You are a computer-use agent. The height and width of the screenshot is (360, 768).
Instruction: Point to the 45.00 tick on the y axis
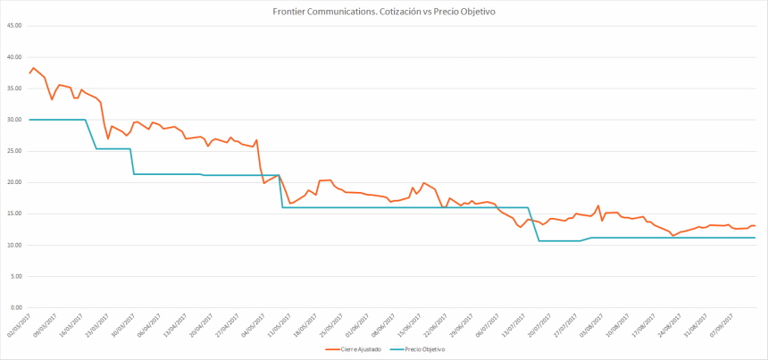point(14,25)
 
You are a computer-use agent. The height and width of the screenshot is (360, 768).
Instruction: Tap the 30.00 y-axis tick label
point(14,120)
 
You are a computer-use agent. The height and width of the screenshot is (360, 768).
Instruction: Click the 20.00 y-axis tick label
point(14,182)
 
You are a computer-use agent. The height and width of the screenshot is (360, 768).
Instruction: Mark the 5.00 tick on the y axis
point(15,276)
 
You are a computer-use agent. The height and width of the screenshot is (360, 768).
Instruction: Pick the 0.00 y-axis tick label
point(15,307)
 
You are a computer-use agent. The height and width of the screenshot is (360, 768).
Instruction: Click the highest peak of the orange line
point(34,68)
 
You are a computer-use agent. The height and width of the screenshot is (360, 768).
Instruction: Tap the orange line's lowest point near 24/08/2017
point(672,236)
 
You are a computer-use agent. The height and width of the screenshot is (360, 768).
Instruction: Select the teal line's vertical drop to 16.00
point(281,191)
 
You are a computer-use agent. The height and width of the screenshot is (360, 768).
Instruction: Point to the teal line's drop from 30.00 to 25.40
point(91,134)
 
